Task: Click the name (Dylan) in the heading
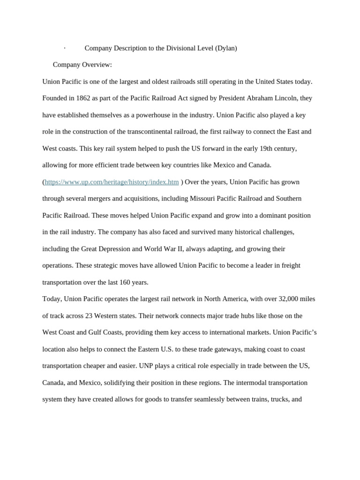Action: click(226, 48)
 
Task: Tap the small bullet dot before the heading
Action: click(65, 48)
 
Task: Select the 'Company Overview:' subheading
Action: click(82, 65)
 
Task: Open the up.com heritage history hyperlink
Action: click(112, 182)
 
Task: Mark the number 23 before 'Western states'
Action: click(89, 316)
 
